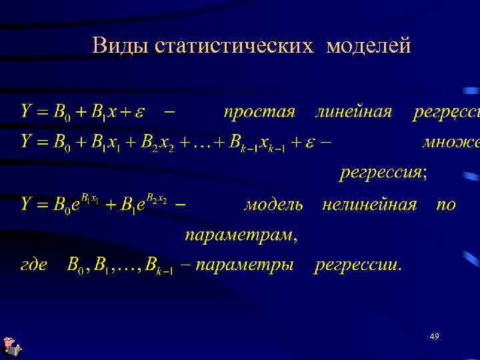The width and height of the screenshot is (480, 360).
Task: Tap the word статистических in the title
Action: pos(233,46)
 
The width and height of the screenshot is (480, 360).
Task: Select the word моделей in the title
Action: pos(369,46)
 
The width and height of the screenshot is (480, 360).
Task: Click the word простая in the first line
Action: pos(259,112)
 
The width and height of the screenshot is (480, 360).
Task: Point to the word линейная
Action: pos(353,111)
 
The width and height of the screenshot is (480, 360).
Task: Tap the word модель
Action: pos(273,204)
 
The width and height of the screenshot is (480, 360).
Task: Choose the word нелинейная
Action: pos(369,204)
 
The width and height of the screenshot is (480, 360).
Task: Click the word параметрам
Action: pos(240,235)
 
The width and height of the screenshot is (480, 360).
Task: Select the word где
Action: pos(33,265)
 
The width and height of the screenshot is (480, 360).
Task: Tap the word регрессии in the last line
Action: pos(358,265)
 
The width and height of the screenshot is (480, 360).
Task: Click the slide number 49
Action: pos(434,337)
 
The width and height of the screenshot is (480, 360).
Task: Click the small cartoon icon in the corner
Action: pos(12,347)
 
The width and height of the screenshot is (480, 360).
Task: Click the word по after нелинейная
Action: pos(445,204)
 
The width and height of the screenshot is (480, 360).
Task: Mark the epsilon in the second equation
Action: pos(309,143)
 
